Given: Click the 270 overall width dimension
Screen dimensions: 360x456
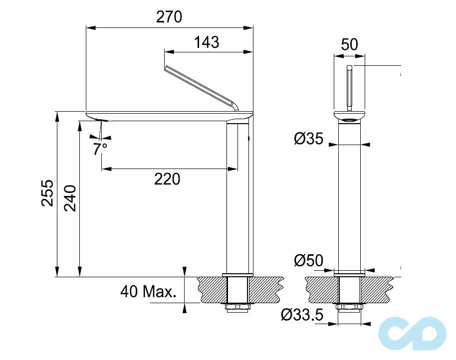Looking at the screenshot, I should (x=169, y=17).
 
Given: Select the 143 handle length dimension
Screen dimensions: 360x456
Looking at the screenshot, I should (x=207, y=42).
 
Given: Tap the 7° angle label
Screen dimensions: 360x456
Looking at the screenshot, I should (x=100, y=148).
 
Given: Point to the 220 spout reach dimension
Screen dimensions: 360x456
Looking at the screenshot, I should (x=167, y=179).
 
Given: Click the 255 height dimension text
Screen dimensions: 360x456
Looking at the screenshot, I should (x=47, y=193).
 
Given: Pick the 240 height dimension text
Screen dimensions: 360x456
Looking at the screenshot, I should (x=70, y=198).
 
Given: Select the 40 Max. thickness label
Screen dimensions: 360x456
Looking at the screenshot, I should (x=149, y=292).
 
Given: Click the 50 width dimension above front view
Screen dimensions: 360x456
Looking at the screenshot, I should (x=349, y=44).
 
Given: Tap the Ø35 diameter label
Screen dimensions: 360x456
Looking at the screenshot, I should (x=308, y=139).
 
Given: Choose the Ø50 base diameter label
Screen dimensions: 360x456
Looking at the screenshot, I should (x=308, y=260).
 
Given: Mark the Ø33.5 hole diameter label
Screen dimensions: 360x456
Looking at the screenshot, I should (x=302, y=315).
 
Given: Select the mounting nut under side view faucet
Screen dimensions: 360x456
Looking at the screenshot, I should (x=237, y=306).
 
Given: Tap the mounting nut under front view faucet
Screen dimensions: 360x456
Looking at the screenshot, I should (x=349, y=306).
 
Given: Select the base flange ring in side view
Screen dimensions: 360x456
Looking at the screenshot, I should (x=237, y=274).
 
